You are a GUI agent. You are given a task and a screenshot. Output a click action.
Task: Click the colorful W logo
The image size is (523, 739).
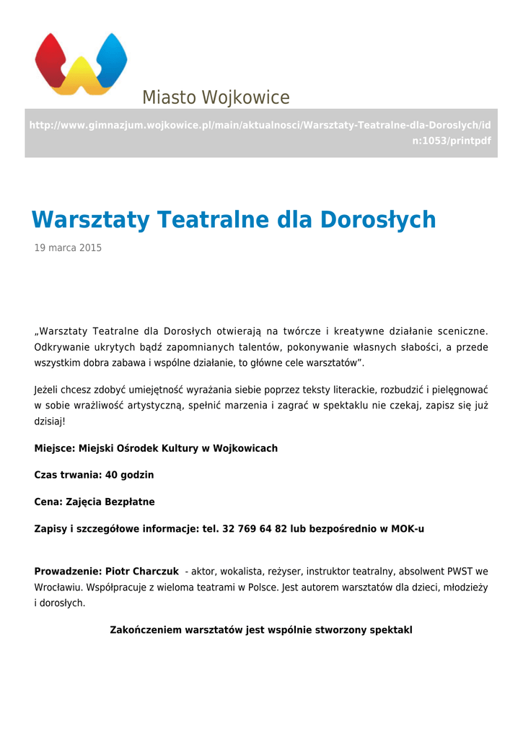click(81, 64)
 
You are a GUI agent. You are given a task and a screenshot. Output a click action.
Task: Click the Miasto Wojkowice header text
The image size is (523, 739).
click(215, 97)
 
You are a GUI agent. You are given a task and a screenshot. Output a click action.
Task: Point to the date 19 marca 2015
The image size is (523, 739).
click(68, 248)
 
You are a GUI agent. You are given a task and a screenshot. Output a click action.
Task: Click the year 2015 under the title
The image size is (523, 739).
click(90, 248)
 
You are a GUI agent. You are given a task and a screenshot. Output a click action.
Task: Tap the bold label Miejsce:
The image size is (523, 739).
click(55, 448)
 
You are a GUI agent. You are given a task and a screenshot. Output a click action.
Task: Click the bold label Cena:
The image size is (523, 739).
click(48, 502)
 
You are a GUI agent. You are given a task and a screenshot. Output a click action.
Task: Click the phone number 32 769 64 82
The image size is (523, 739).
click(255, 528)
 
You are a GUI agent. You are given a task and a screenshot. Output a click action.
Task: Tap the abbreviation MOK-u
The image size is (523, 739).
click(408, 528)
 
